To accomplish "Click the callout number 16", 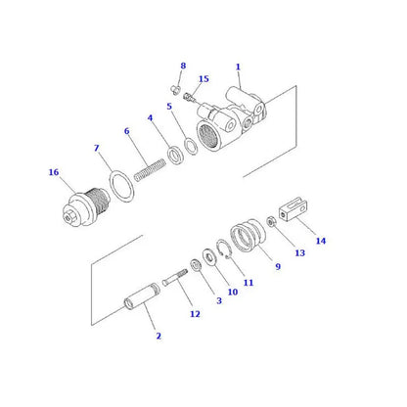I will pos(53,172).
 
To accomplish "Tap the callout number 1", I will pos(237,67).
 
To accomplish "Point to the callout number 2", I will pos(158,337).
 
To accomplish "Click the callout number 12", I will pos(195,314).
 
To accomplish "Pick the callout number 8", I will pos(182,66).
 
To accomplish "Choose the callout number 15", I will pos(203,79).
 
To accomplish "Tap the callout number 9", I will pos(277,266).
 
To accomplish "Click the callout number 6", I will pos(126,130).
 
